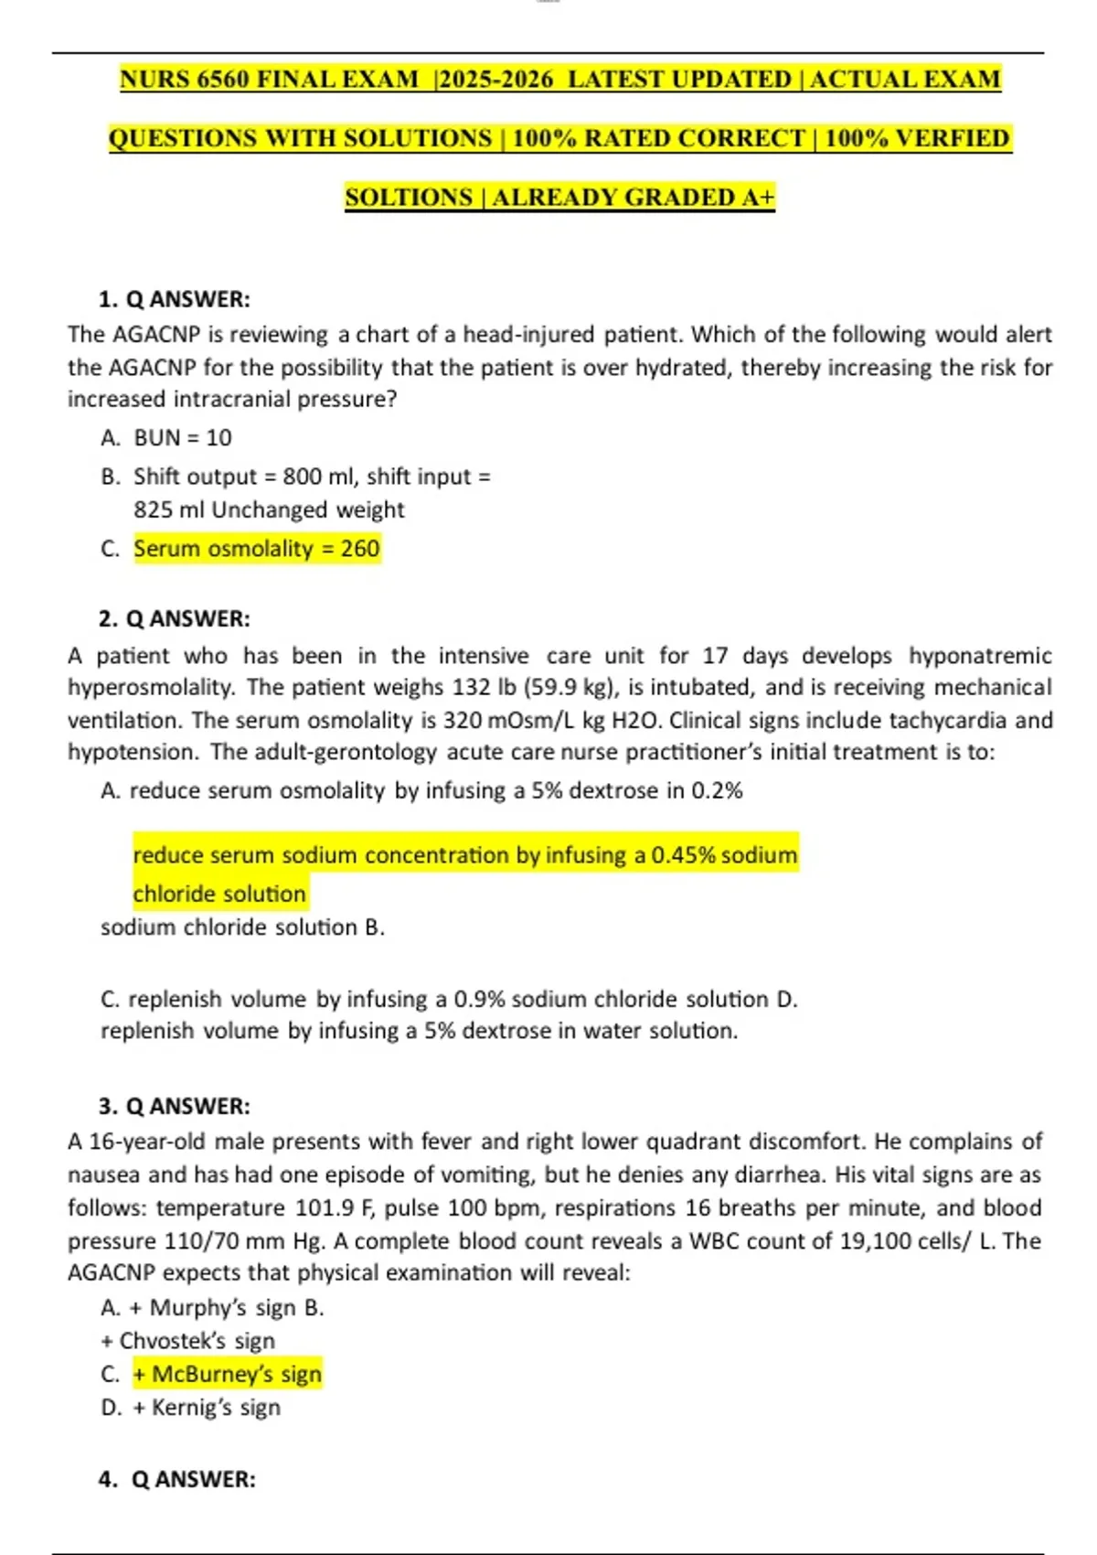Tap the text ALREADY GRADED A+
coord(634,198)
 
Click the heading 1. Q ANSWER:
coord(174,299)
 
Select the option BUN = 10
coord(182,438)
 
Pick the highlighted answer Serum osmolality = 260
coord(256,549)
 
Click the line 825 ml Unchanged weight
coord(269,509)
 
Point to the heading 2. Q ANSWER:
coord(174,618)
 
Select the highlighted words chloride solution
coord(219,894)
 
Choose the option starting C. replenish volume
coord(434,999)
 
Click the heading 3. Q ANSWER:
coord(174,1106)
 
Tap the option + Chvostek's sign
coord(187,1341)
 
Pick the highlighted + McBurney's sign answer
coord(227,1375)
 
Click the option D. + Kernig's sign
coord(190,1408)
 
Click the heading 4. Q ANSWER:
coord(177,1479)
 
